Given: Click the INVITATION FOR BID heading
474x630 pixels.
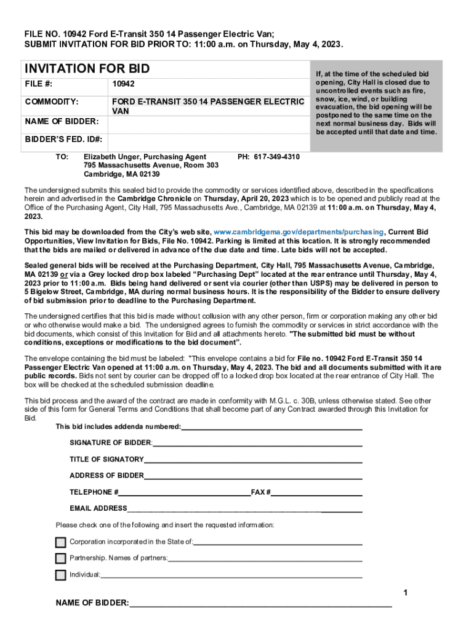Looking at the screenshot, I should pos(87,69).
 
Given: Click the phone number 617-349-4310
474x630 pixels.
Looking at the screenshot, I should pos(268,157).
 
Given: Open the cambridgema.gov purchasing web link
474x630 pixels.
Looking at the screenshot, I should pos(299,232).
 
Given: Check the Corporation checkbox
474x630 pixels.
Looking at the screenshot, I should pos(60,542).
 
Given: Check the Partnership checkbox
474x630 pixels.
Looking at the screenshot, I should pos(60,559).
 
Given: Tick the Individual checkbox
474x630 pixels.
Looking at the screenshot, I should pos(60,575).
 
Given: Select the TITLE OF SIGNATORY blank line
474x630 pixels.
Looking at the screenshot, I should pos(253,460).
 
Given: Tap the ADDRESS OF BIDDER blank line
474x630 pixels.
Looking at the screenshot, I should pos(253,476).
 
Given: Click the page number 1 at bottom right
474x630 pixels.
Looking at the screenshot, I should pos(405,592).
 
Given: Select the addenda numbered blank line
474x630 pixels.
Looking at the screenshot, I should pos(271,428).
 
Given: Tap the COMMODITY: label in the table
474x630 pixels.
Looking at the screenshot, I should pos(51,102).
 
